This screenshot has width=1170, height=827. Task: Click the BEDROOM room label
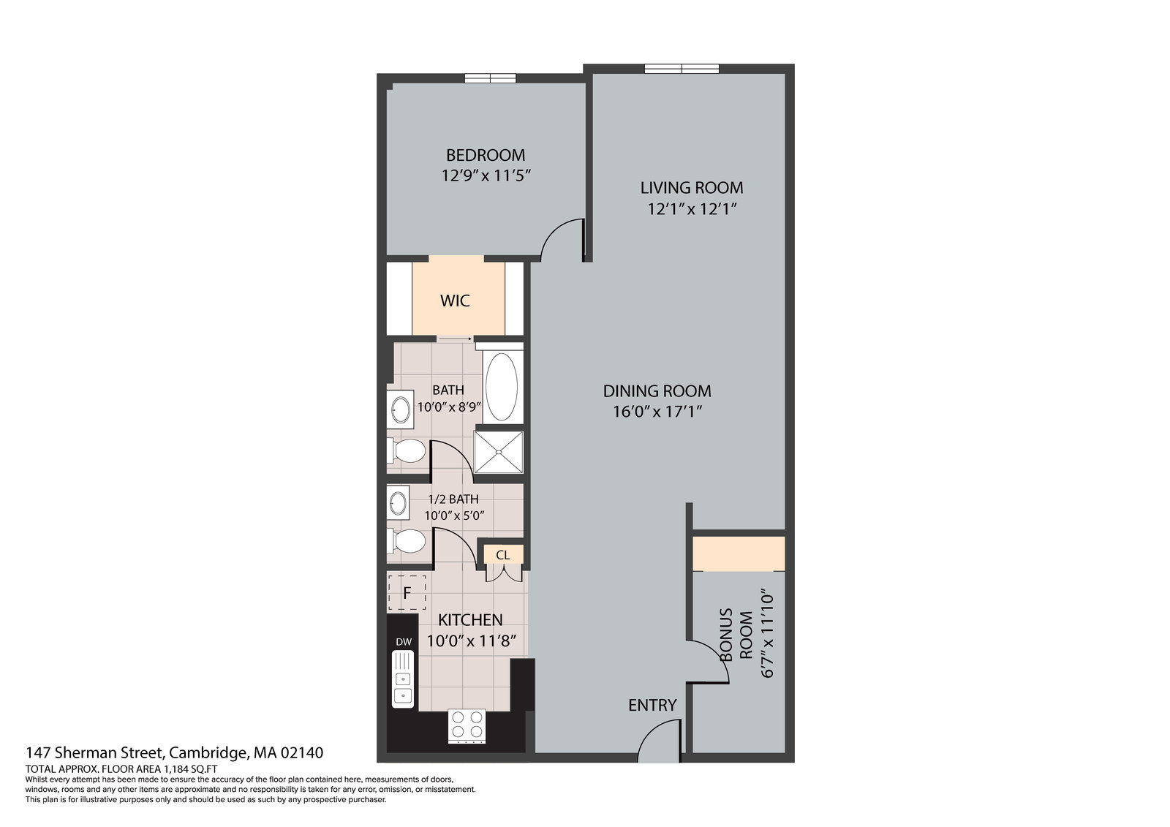pyautogui.click(x=486, y=155)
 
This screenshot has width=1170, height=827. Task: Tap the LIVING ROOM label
pyautogui.click(x=692, y=187)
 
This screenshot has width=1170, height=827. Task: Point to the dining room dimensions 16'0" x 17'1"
pyautogui.click(x=657, y=412)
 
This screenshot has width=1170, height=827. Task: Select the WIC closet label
pyautogui.click(x=454, y=301)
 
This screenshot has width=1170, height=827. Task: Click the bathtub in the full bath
pyautogui.click(x=502, y=387)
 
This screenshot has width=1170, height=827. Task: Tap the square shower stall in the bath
pyautogui.click(x=499, y=452)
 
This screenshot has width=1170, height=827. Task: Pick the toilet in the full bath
pyautogui.click(x=407, y=450)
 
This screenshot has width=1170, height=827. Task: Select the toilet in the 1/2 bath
pyautogui.click(x=407, y=540)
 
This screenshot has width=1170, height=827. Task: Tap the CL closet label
pyautogui.click(x=502, y=555)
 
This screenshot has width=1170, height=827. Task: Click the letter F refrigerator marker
pyautogui.click(x=407, y=593)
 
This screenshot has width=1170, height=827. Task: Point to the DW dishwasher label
pyautogui.click(x=403, y=642)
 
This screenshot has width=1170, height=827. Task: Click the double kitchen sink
pyautogui.click(x=403, y=679)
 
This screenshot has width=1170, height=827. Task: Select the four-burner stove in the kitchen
pyautogui.click(x=467, y=725)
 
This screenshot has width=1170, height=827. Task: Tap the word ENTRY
pyautogui.click(x=652, y=706)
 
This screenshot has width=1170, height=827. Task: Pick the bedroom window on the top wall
pyautogui.click(x=491, y=78)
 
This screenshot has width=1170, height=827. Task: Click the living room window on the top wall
pyautogui.click(x=682, y=69)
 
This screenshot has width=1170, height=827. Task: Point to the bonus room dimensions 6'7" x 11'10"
pyautogui.click(x=767, y=634)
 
